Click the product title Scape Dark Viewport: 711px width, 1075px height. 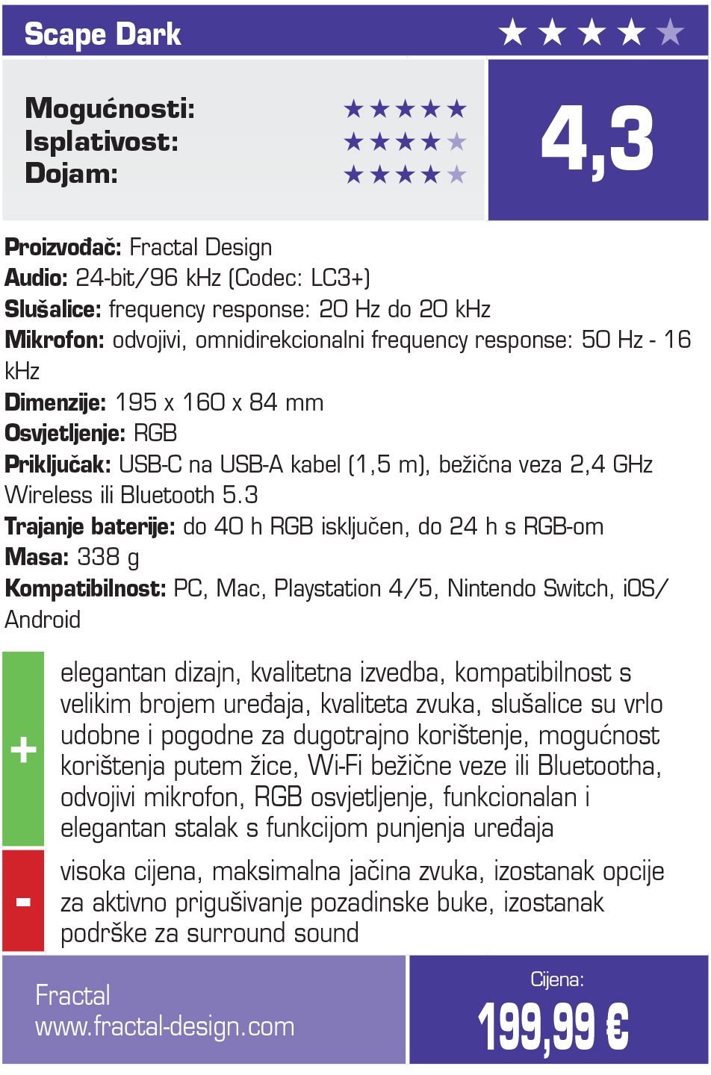102,34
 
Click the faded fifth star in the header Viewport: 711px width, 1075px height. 670,33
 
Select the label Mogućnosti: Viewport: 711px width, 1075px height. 110,109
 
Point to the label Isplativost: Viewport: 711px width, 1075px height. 102,141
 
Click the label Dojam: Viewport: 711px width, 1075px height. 72,173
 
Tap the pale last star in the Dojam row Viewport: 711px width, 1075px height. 456,175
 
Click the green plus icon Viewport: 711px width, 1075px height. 23,749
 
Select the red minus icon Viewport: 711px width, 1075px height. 23,902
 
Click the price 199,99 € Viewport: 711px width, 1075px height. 553,1026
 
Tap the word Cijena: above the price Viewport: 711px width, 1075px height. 557,979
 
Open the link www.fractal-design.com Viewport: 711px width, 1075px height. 165,1027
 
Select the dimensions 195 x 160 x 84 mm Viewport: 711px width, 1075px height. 219,402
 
